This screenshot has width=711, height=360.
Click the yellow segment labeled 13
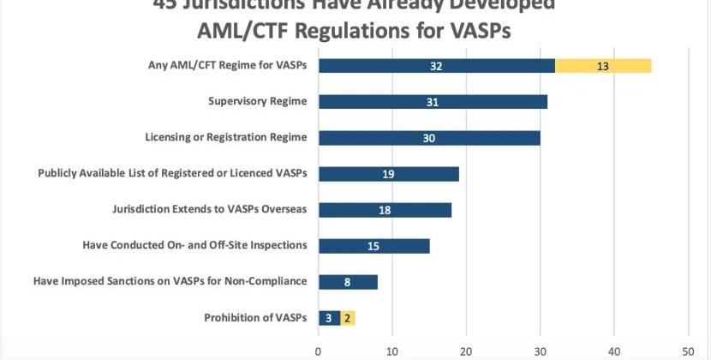tap(603, 66)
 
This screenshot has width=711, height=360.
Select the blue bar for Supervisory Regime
tap(433, 102)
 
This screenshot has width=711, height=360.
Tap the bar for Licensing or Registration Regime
tap(428, 138)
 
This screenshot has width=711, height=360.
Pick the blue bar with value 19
tap(388, 174)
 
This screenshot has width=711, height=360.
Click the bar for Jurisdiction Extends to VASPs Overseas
tap(385, 210)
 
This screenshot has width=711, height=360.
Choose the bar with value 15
tap(373, 246)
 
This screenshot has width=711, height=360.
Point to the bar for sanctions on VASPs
tap(348, 282)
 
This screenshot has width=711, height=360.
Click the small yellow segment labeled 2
tap(347, 318)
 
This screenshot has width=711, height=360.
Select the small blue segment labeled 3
tap(329, 318)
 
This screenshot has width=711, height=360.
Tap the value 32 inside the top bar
tap(436, 66)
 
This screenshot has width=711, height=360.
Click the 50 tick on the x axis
tap(688, 350)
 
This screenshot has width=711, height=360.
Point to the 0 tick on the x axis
tap(319, 350)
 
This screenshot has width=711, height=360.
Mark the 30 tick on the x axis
tap(540, 350)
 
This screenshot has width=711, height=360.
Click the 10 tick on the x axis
tap(392, 350)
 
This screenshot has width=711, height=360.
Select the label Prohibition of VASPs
tap(255, 318)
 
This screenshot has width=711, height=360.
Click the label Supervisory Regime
tap(257, 102)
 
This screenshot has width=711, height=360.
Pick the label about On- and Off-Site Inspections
tap(194, 245)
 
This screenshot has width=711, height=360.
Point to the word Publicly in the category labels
tap(61, 173)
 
